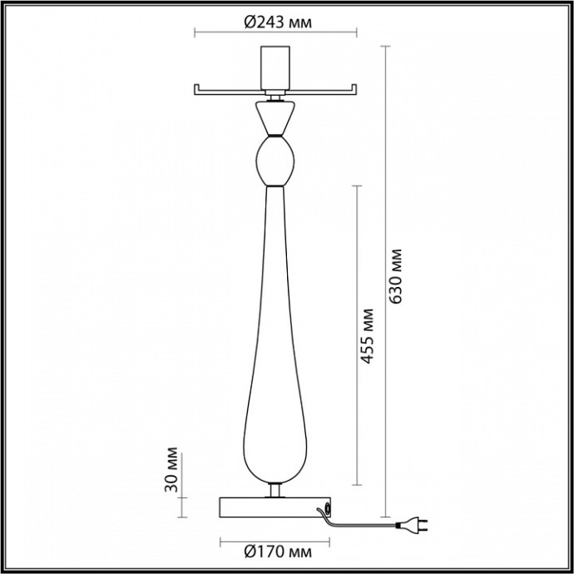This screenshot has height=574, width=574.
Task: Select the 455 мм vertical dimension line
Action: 357,334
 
